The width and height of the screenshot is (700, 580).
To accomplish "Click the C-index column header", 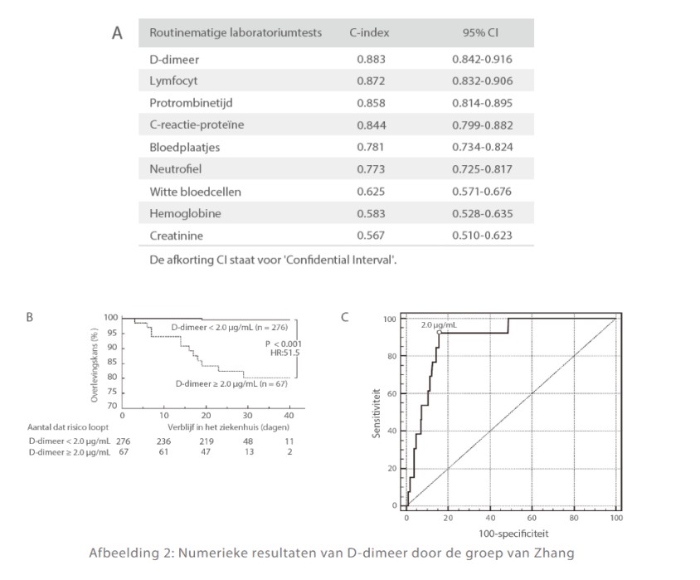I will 369,33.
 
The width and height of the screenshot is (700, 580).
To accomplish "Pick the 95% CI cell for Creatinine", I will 482,235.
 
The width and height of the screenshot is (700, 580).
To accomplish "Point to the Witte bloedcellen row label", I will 195,191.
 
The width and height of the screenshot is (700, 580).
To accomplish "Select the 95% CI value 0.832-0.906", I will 482,81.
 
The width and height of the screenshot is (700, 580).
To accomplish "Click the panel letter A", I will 117,34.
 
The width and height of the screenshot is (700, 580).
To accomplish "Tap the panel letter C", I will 344,316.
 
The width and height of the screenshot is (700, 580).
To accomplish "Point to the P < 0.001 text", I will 284,342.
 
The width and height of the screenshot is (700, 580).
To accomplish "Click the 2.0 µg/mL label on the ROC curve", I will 439,324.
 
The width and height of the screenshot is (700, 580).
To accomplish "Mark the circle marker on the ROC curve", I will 438,332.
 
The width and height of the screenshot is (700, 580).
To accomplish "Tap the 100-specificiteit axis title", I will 511,533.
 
